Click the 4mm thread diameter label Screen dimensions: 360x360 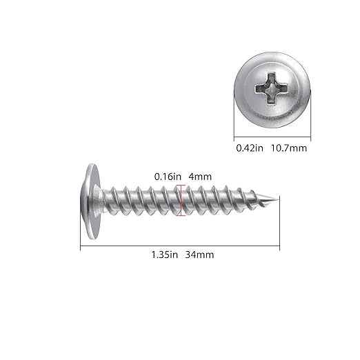point(199,177)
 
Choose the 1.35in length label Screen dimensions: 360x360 point(163,254)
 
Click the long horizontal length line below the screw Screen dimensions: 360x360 point(179,246)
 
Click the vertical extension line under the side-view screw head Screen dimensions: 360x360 point(81,234)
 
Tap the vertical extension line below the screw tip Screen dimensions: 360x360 point(279,228)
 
